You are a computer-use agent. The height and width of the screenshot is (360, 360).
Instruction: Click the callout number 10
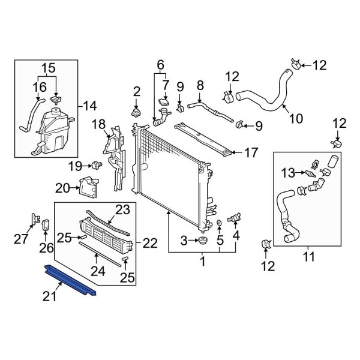coord(297,118)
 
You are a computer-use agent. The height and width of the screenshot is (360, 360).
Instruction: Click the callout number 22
coord(151,243)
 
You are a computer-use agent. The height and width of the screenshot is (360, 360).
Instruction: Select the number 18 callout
coord(99,125)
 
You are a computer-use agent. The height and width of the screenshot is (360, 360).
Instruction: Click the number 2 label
coord(137,91)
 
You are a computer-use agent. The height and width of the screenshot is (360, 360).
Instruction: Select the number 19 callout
coord(74,165)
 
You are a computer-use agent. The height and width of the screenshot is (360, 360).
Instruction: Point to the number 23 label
coord(122,210)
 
